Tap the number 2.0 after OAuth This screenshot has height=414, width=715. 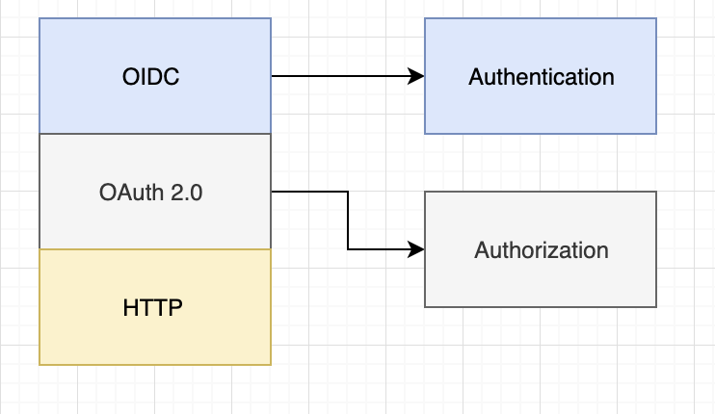point(187,192)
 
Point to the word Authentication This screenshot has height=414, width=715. point(541,76)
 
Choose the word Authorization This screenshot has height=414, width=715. point(541,249)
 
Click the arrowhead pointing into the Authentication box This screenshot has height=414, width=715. point(417,76)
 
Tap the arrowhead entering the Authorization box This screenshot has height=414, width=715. point(417,249)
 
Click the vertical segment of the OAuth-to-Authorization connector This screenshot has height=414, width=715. point(348,220)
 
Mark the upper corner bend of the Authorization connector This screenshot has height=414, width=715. point(348,192)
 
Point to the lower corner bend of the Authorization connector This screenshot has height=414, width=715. point(348,249)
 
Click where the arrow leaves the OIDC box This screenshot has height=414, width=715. point(273,76)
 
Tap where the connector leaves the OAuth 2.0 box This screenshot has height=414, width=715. point(273,192)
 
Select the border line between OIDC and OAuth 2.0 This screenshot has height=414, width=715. point(154,134)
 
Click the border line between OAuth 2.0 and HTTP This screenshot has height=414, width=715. point(154,249)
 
